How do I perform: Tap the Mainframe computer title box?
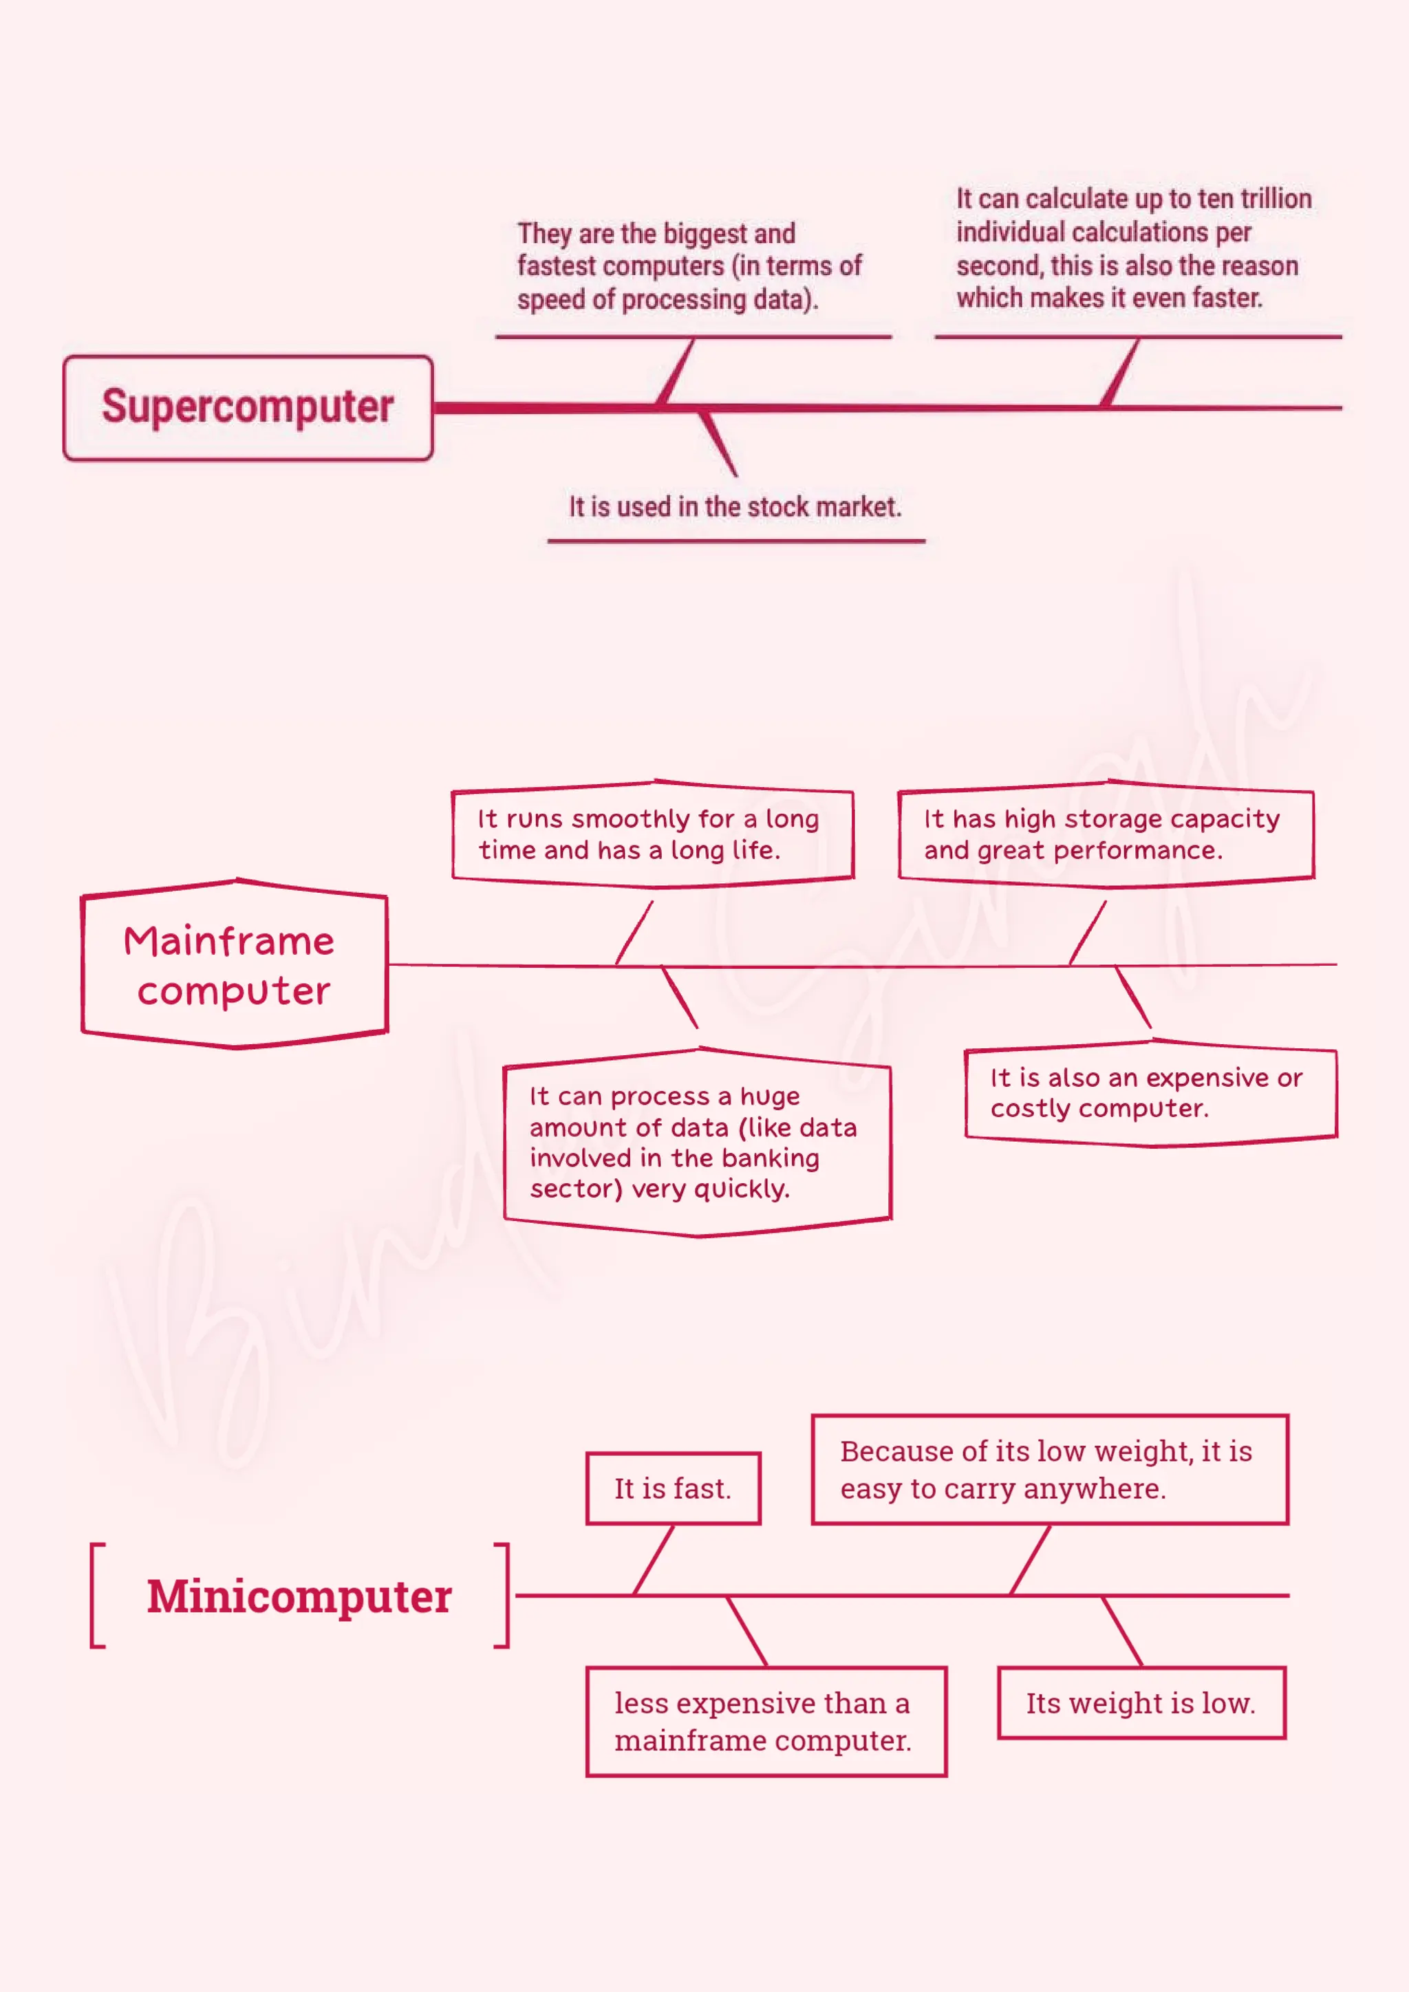point(234,965)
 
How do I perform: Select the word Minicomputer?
point(299,1596)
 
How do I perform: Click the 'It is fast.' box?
point(674,1488)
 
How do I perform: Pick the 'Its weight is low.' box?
point(1141,1703)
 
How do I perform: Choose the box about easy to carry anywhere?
point(1050,1470)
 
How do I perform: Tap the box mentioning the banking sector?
point(697,1143)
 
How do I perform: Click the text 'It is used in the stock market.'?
point(735,507)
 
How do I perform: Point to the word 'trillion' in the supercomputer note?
point(1276,199)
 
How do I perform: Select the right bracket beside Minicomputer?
point(502,1596)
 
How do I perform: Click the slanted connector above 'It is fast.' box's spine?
point(654,1560)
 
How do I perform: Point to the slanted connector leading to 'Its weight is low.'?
point(1122,1631)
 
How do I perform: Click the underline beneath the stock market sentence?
point(735,541)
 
